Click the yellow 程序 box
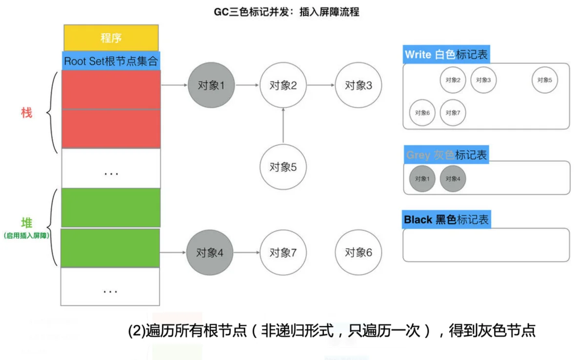[x=111, y=38]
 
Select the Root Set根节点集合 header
[x=111, y=61]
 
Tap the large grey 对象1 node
[x=211, y=85]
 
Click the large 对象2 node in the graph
[x=283, y=85]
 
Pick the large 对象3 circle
[x=358, y=85]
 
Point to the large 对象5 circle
[x=283, y=167]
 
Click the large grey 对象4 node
[x=209, y=253]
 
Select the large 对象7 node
[x=283, y=253]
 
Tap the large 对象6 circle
[x=358, y=253]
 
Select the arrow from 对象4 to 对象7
[x=247, y=253]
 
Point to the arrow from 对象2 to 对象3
[x=321, y=85]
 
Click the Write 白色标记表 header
[x=446, y=54]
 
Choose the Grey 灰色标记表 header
[x=446, y=155]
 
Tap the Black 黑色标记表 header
[x=446, y=219]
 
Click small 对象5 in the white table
[x=544, y=80]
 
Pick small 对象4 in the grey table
[x=453, y=179]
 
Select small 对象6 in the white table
[x=422, y=113]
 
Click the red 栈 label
[x=26, y=113]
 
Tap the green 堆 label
[x=27, y=223]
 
